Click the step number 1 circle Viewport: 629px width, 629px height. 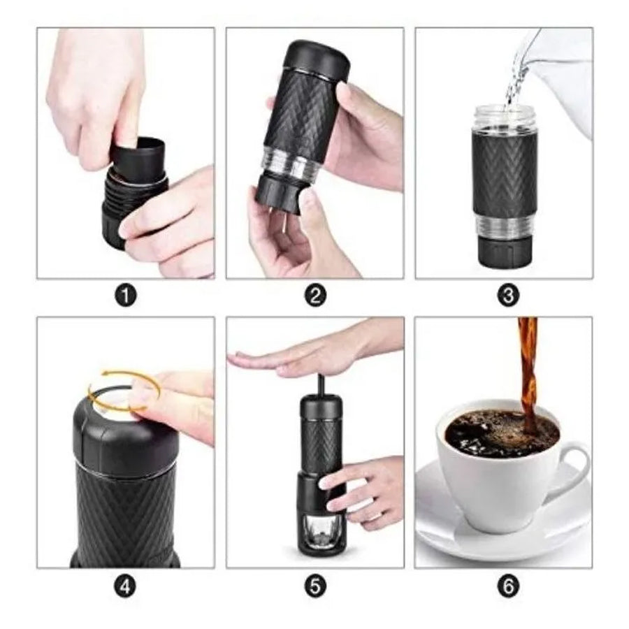point(125,296)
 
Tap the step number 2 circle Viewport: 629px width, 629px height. point(315,296)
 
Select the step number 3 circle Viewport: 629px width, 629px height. point(508,296)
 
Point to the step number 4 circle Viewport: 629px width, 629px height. point(125,587)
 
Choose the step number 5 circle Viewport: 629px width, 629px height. point(315,587)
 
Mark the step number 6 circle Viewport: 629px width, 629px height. point(508,587)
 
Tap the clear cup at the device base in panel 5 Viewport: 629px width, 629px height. point(321,530)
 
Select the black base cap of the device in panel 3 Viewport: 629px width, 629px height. point(503,252)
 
